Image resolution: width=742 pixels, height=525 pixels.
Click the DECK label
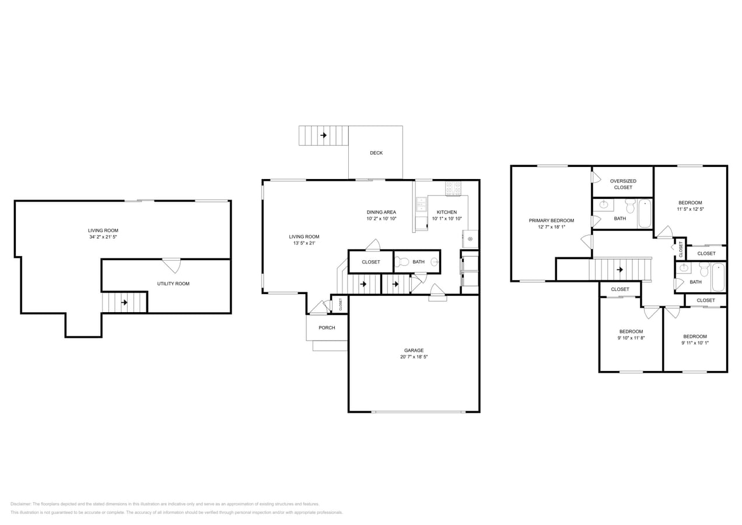pyautogui.click(x=376, y=153)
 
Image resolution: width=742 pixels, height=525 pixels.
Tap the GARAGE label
pyautogui.click(x=414, y=350)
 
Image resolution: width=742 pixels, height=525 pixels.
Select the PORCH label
pyautogui.click(x=327, y=328)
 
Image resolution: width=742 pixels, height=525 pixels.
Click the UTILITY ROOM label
pyautogui.click(x=173, y=283)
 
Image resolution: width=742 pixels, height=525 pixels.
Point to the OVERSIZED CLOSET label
pyautogui.click(x=623, y=184)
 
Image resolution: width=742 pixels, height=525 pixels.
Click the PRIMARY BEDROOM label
pyautogui.click(x=551, y=220)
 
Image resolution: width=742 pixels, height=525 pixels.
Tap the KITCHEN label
pyautogui.click(x=446, y=212)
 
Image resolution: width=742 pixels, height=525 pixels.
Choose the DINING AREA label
pyautogui.click(x=381, y=212)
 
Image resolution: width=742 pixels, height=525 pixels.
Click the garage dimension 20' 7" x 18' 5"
pyautogui.click(x=414, y=357)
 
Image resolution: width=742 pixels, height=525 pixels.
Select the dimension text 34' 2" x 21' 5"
pyautogui.click(x=103, y=237)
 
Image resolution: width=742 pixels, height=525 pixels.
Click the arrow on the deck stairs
pyautogui.click(x=324, y=135)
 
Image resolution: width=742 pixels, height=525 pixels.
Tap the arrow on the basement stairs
pyautogui.click(x=124, y=302)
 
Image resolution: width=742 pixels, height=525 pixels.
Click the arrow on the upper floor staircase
pyautogui.click(x=619, y=269)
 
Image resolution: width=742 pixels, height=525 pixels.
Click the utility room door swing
pyautogui.click(x=172, y=265)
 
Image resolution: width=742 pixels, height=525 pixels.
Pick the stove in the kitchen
pyautogui.click(x=453, y=188)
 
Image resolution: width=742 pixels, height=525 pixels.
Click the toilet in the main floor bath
pyautogui.click(x=402, y=262)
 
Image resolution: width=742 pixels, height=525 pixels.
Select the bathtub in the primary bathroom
pyautogui.click(x=645, y=213)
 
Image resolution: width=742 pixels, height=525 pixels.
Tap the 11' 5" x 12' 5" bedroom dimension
pyautogui.click(x=690, y=209)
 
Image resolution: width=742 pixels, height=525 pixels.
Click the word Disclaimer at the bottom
pyautogui.click(x=20, y=504)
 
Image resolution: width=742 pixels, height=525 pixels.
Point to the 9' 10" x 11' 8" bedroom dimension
pyautogui.click(x=631, y=338)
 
